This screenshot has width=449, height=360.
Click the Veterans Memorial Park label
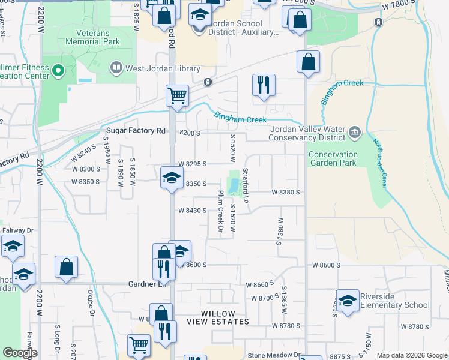(98, 37)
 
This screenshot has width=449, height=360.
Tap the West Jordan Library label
(162, 69)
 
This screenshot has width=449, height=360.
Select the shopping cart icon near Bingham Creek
(178, 95)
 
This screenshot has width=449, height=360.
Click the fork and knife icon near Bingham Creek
(264, 85)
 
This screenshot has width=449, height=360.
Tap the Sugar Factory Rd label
(136, 131)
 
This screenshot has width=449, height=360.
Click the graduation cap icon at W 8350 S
(172, 178)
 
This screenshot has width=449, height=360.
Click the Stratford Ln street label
(245, 184)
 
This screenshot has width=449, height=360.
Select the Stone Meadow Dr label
(273, 355)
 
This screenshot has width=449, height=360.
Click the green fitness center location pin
(58, 71)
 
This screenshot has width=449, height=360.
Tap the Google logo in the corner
(20, 353)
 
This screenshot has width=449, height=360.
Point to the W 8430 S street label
(192, 211)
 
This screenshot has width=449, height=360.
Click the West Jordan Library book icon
(116, 69)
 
